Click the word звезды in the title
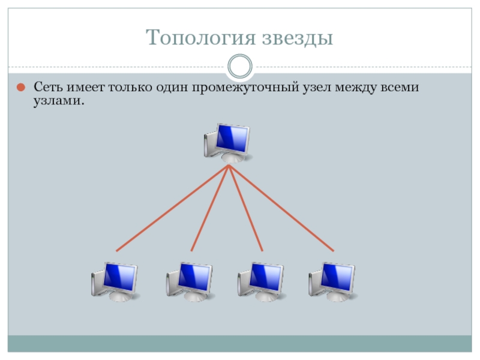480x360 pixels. click(297, 38)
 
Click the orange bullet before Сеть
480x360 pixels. click(20, 88)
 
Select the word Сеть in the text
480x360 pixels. click(46, 88)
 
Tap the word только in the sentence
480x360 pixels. click(130, 88)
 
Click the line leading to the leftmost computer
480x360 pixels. click(172, 208)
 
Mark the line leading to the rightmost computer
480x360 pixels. click(281, 208)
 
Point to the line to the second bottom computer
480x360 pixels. click(209, 208)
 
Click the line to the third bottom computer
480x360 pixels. click(245, 208)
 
